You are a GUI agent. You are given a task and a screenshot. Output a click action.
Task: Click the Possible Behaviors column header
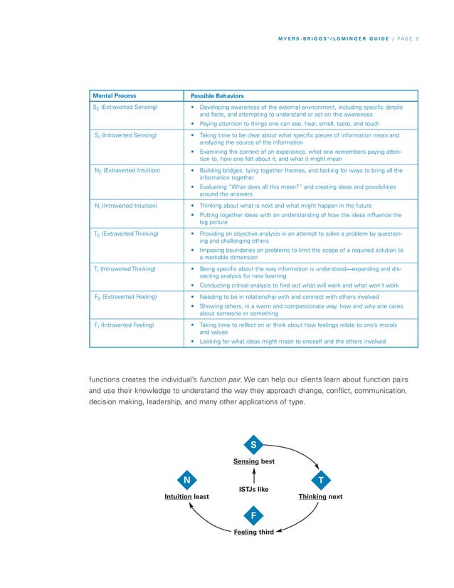coord(213,95)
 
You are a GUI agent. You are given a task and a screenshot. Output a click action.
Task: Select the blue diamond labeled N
coord(186,481)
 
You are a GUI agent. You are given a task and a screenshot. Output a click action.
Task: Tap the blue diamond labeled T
coord(321,481)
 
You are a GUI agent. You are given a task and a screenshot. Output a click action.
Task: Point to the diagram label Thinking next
coord(317,497)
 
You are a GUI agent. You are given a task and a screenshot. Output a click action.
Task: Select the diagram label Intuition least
coord(186,497)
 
